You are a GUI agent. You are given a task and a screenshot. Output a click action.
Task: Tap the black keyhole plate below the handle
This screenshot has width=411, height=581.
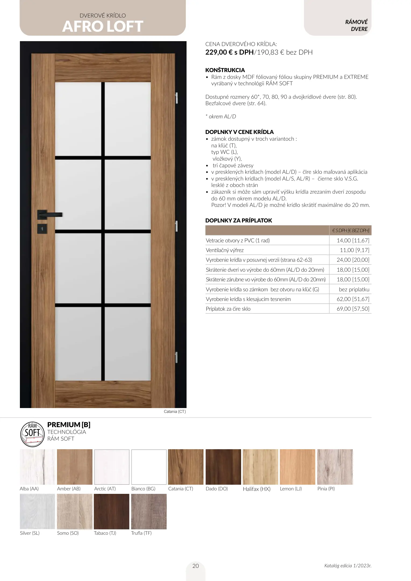coord(42,229)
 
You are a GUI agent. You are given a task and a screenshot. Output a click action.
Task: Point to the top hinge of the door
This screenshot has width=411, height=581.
coord(177,98)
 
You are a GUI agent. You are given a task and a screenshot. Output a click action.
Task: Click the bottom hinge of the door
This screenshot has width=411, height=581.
coord(177,357)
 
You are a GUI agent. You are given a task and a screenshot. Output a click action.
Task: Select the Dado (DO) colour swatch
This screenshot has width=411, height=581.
coord(223,467)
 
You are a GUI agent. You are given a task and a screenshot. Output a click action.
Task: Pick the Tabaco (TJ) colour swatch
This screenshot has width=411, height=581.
coord(112,511)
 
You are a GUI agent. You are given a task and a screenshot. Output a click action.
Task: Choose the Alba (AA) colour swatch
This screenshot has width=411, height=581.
coord(37,467)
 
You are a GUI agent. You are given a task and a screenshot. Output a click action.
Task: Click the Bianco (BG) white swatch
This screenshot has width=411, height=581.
coord(149,467)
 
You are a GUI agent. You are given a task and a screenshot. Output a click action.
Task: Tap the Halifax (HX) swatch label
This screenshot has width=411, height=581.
coord(256,489)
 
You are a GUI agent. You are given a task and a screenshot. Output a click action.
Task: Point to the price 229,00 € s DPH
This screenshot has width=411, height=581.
coord(229,52)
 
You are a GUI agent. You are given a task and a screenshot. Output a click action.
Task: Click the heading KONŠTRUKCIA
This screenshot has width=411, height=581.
coord(225,70)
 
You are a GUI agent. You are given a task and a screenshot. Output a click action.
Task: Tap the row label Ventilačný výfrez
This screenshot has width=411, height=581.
coord(225,250)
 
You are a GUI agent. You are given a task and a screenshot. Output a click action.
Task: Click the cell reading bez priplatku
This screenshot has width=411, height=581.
coord(354,289)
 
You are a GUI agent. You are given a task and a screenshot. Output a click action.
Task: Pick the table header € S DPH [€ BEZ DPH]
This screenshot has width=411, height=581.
coord(351,231)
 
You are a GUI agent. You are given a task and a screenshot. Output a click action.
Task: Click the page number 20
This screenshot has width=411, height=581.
coord(196,566)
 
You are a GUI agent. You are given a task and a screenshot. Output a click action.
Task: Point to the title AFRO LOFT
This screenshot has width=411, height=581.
coord(103,26)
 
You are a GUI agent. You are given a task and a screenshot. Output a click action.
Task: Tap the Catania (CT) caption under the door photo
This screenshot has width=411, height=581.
coord(175,412)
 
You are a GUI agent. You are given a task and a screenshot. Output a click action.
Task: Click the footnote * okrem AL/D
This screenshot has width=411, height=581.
coord(221,116)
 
